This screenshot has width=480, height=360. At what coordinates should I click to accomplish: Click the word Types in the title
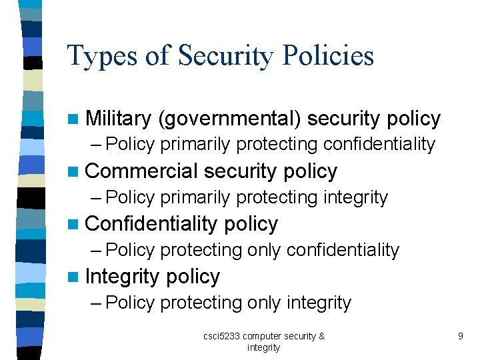tap(102, 56)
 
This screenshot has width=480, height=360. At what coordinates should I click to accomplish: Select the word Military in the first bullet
tap(119, 119)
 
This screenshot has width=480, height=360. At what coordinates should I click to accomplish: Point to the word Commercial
tap(141, 171)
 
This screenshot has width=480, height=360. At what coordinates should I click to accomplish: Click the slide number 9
tap(460, 337)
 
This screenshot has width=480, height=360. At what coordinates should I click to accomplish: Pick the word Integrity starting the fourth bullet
tap(123, 277)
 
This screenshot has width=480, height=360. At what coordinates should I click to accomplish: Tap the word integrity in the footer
tap(263, 347)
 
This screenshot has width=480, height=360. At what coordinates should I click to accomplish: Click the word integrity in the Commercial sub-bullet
tap(355, 197)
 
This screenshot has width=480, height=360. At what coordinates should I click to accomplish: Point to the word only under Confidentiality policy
tap(264, 250)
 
